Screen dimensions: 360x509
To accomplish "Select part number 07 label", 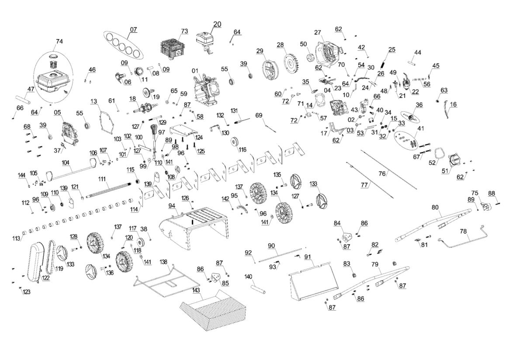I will click(x=133, y=30).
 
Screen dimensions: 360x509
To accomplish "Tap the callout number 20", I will click(x=217, y=24).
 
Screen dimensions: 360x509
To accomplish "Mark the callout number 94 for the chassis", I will click(x=172, y=206).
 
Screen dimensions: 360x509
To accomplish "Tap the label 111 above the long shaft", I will click(x=102, y=179).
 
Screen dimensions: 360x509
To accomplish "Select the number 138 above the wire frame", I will click(x=163, y=262).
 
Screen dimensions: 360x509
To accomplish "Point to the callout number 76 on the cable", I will click(x=382, y=174).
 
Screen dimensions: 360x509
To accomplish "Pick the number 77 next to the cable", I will click(x=364, y=185).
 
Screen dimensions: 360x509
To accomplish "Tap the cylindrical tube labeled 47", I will click(x=24, y=99).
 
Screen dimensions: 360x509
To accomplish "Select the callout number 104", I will click(x=66, y=162).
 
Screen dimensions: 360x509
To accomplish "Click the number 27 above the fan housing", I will click(x=318, y=32).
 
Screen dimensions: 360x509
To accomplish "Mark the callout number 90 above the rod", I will click(x=271, y=246).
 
